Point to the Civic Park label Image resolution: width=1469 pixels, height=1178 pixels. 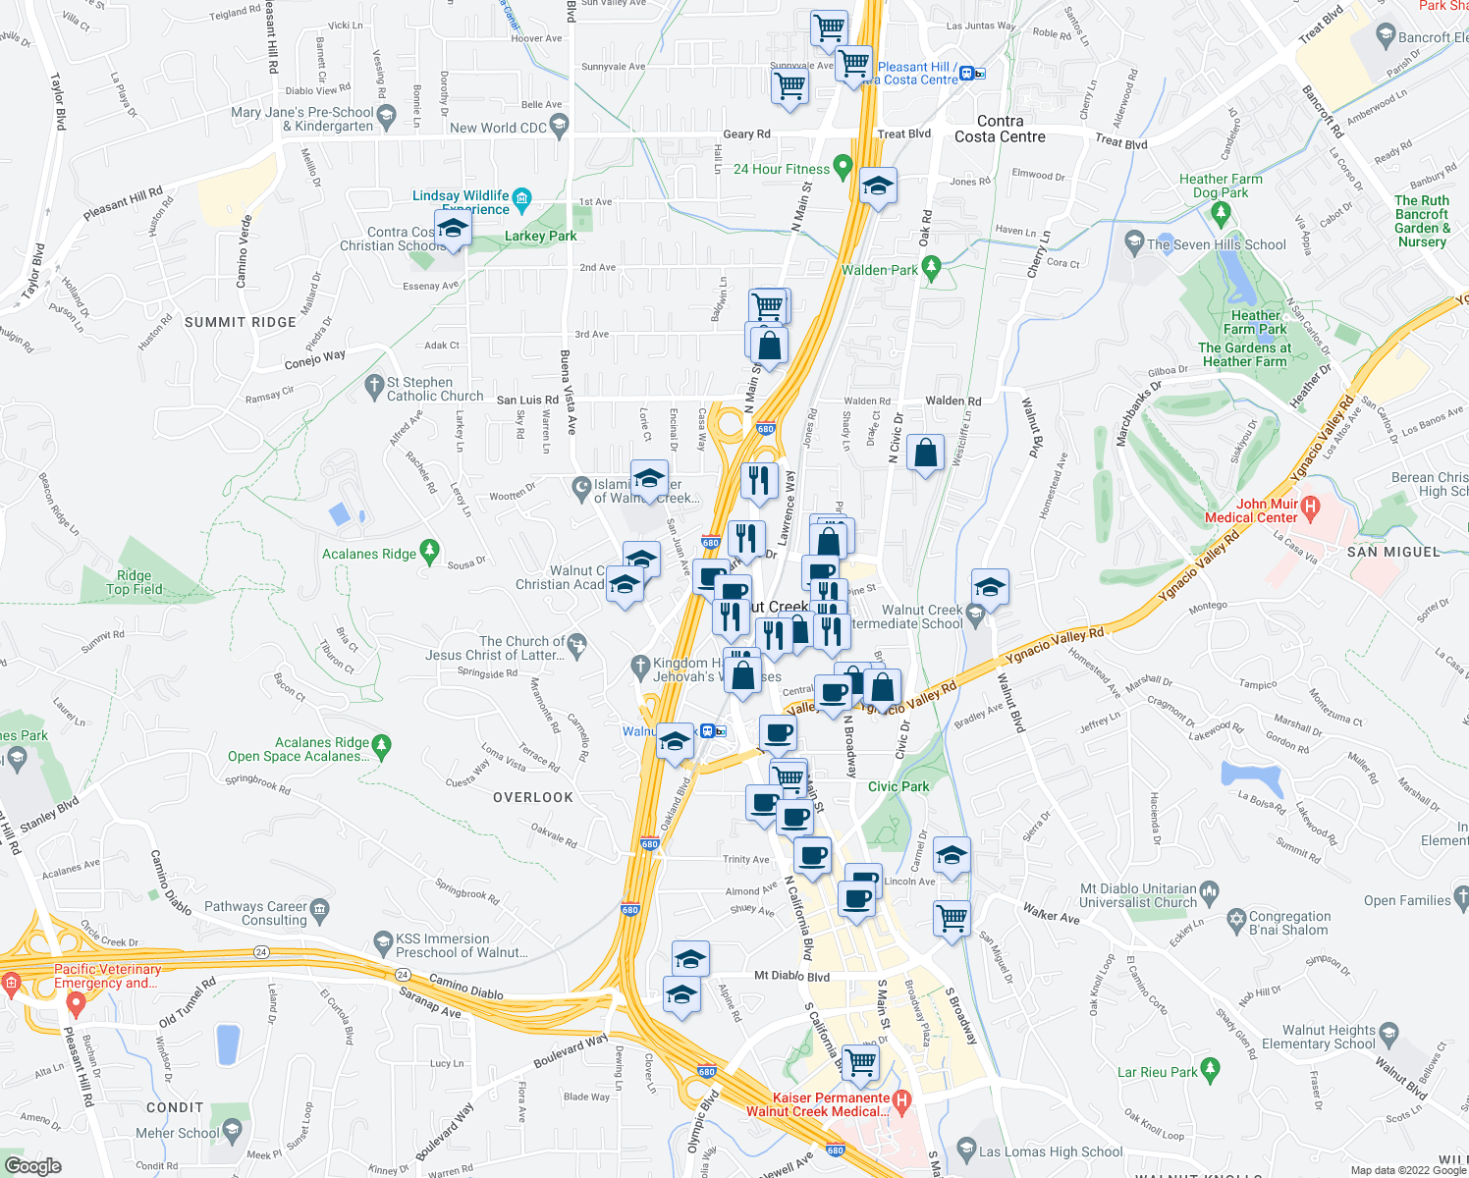pos(898,786)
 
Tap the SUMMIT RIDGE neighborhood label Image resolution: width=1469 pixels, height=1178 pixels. pos(241,322)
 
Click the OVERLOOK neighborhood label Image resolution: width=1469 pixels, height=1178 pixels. pos(533,797)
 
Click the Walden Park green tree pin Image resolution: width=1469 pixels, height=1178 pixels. pos(932,266)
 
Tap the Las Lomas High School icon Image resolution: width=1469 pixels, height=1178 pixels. pos(966,1149)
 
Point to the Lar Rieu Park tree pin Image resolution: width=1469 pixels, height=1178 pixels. pos(1210,1068)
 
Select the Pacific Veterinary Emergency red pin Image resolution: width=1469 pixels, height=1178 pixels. pos(76,1003)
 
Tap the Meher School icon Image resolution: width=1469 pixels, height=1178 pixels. pos(232,1132)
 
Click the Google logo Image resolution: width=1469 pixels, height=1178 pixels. pos(32,1166)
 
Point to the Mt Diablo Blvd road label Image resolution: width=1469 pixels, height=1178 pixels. pos(791,977)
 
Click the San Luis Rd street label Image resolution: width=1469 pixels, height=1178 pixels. pos(526,401)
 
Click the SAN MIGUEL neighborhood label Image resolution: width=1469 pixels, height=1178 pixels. pos(1393,552)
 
